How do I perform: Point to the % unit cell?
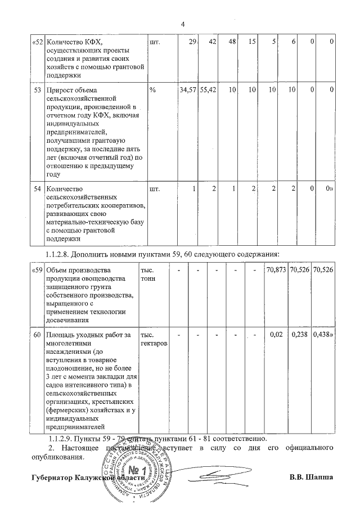click(152, 90)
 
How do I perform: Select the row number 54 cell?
click(37, 189)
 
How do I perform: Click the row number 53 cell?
click(37, 90)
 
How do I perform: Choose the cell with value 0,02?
click(276, 335)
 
